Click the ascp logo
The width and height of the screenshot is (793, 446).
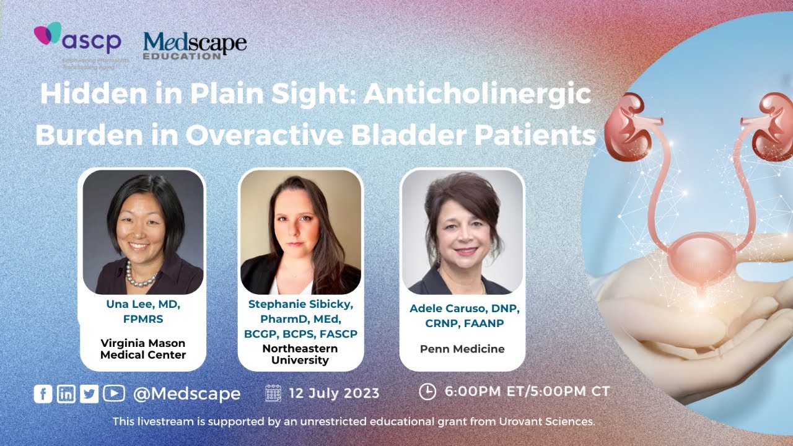[77, 41]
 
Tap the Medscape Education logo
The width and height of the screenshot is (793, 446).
[195, 46]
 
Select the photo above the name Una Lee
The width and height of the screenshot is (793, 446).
[143, 232]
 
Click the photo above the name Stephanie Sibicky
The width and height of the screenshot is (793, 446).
[300, 232]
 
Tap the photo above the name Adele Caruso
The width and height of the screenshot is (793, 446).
[462, 232]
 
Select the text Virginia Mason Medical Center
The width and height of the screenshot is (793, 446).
[142, 349]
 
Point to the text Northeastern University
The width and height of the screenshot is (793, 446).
[300, 354]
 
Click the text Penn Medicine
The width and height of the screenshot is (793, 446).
[462, 349]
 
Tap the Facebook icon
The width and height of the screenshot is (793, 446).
[43, 393]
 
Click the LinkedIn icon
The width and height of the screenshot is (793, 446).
[66, 393]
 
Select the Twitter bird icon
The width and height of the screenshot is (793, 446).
[89, 393]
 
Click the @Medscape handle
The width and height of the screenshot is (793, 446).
[186, 393]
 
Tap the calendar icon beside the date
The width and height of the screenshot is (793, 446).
[273, 393]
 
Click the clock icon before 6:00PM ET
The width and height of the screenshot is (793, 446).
[427, 391]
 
